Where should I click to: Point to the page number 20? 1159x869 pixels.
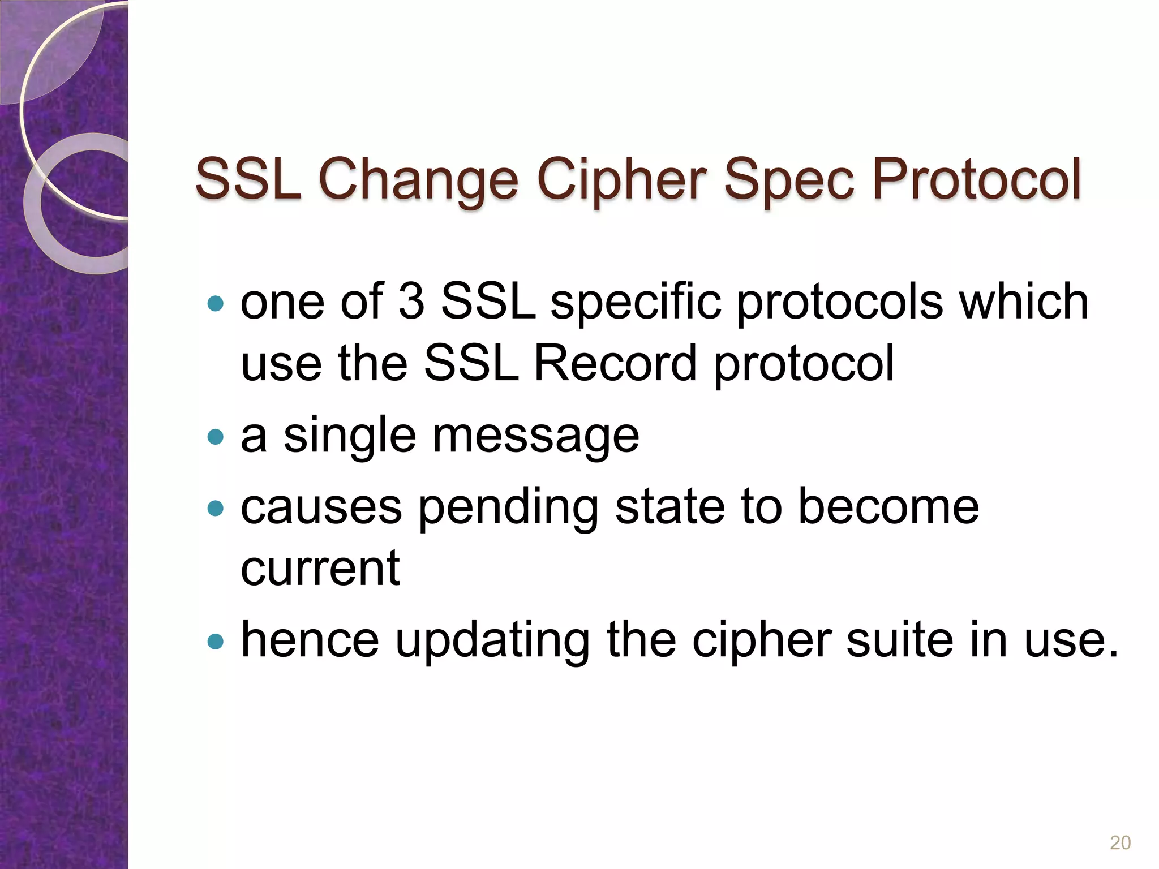[1120, 843]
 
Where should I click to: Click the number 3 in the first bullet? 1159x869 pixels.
[411, 301]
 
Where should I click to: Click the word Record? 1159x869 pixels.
[615, 363]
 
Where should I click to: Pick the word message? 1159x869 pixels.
[535, 437]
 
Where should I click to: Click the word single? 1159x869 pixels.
[349, 437]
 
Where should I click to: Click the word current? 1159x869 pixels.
[320, 568]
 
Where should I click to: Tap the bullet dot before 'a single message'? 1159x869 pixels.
[216, 436]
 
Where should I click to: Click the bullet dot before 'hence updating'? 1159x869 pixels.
[216, 641]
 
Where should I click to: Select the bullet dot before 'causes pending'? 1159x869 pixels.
[216, 507]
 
